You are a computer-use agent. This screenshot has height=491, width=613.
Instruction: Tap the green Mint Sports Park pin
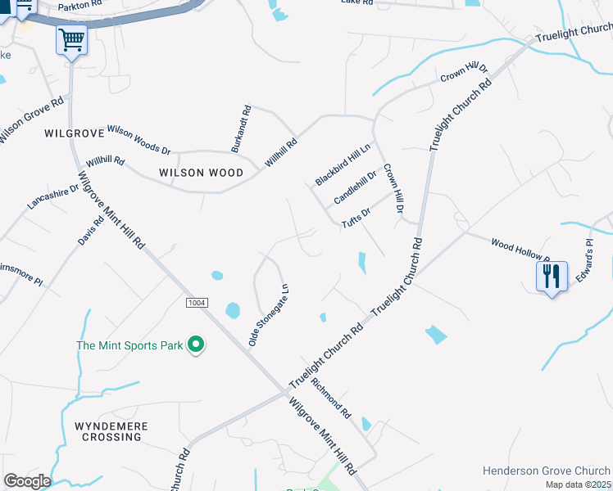point(195,345)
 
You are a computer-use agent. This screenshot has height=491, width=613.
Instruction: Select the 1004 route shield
point(196,303)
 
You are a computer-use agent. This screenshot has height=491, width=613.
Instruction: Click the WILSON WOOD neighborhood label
point(202,173)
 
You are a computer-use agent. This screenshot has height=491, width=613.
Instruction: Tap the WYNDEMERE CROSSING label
point(107,432)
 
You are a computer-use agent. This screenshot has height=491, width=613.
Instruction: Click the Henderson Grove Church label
point(546,471)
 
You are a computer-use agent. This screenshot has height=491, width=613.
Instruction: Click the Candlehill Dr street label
point(355,187)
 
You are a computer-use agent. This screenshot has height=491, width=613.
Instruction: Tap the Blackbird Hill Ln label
point(343,164)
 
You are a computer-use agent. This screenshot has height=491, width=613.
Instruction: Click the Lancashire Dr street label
point(52,197)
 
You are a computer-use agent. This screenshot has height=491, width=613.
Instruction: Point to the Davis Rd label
point(92,230)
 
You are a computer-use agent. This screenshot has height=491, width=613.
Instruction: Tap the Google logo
point(27,481)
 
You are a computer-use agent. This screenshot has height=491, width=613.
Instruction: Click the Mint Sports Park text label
point(129,345)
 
